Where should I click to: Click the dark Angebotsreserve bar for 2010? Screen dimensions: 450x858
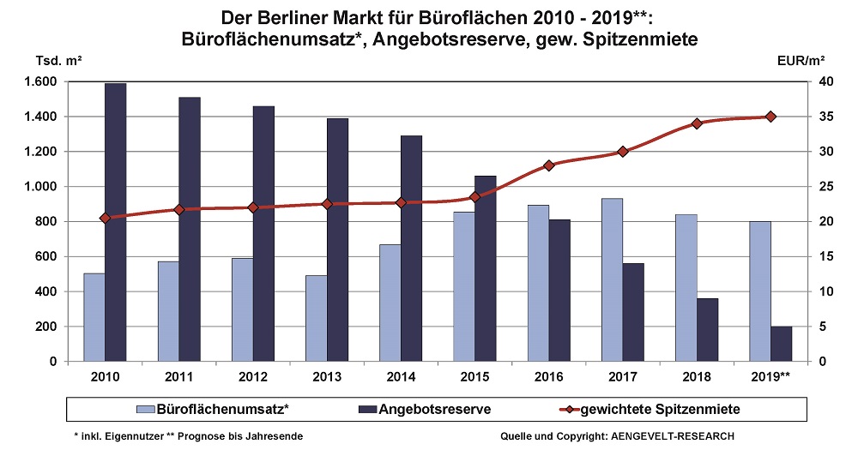tap(116, 222)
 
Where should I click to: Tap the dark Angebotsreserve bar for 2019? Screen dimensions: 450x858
tap(781, 344)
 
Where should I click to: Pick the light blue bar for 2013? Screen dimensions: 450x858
tap(315, 318)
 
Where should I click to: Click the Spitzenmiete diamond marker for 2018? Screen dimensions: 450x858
tap(697, 123)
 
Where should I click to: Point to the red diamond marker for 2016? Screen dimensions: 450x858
tap(549, 165)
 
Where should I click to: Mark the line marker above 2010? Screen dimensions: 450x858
tap(106, 218)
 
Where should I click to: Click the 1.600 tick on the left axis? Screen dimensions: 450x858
tap(41, 82)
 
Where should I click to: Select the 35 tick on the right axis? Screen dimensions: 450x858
tap(823, 117)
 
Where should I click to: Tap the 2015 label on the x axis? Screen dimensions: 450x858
tap(474, 377)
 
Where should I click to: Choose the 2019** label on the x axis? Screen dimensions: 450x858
tap(770, 377)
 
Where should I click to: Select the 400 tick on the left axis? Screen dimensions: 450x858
tap(46, 291)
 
